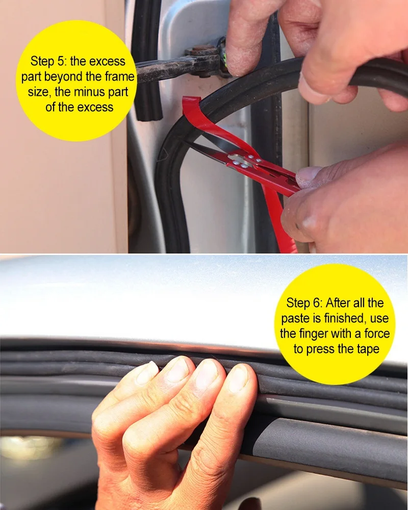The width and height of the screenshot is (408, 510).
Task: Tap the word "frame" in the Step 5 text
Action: pyautogui.click(x=120, y=77)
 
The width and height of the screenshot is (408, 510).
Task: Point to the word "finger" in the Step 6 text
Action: pyautogui.click(x=320, y=334)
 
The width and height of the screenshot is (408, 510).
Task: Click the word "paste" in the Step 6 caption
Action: pyautogui.click(x=296, y=319)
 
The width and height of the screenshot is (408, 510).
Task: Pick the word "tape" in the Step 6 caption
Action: pyautogui.click(x=367, y=349)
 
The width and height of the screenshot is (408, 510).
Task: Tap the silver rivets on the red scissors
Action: pyautogui.click(x=240, y=161)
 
